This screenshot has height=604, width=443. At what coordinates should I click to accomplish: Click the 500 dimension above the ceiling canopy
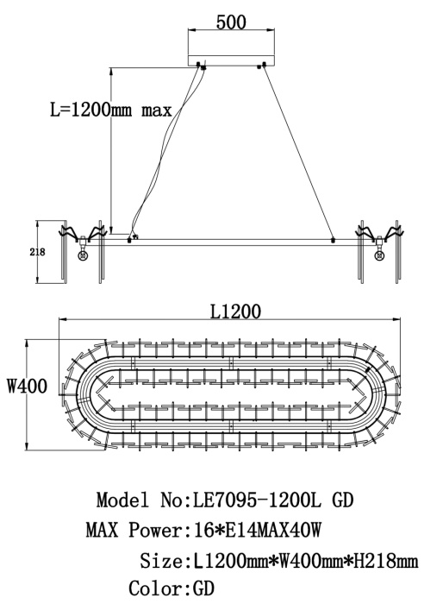(x=231, y=22)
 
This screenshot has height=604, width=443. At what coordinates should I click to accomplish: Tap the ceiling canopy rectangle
(x=231, y=60)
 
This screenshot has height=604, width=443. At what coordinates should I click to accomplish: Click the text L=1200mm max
(x=111, y=110)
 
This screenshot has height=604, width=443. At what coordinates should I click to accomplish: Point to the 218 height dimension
(x=37, y=252)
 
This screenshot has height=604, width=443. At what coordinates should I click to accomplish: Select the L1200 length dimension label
(x=235, y=311)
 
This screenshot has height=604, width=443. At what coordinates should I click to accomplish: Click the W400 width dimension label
(x=28, y=386)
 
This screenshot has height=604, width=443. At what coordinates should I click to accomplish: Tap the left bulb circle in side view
(x=83, y=255)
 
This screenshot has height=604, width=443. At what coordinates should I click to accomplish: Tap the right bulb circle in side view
(x=379, y=255)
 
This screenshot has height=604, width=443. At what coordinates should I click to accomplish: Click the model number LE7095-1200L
(x=256, y=500)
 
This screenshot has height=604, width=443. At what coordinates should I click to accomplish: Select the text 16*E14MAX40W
(x=253, y=530)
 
